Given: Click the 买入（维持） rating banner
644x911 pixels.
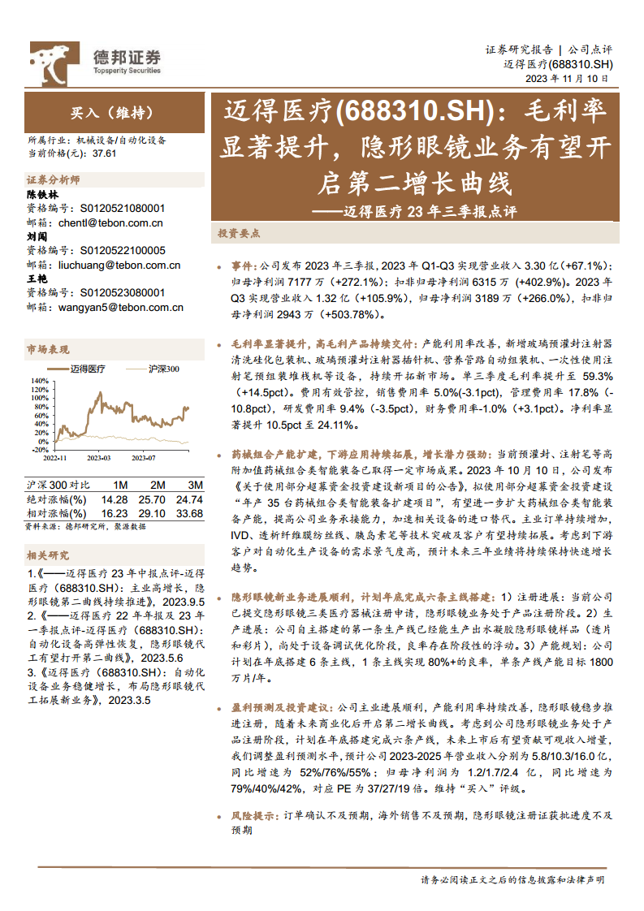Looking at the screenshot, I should (112, 113).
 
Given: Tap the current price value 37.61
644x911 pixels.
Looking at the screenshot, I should (106, 152).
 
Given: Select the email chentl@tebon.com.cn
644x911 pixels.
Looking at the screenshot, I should (110, 222).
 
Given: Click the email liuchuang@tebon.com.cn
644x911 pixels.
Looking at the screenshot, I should (119, 265).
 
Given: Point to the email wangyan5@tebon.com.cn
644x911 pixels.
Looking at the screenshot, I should (121, 308).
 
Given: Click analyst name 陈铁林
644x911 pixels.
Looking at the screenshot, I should (43, 195).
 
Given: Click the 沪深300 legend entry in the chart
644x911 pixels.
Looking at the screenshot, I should (163, 369).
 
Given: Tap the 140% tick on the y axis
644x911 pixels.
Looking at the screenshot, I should (39, 380).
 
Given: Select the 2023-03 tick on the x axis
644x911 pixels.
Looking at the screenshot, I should (99, 458).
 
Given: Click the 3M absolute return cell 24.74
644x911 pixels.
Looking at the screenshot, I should (188, 499).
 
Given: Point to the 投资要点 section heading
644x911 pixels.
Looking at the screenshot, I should (239, 232).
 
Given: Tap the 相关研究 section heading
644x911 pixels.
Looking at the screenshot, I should (48, 555).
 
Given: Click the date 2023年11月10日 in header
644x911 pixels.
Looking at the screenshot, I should (567, 79).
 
